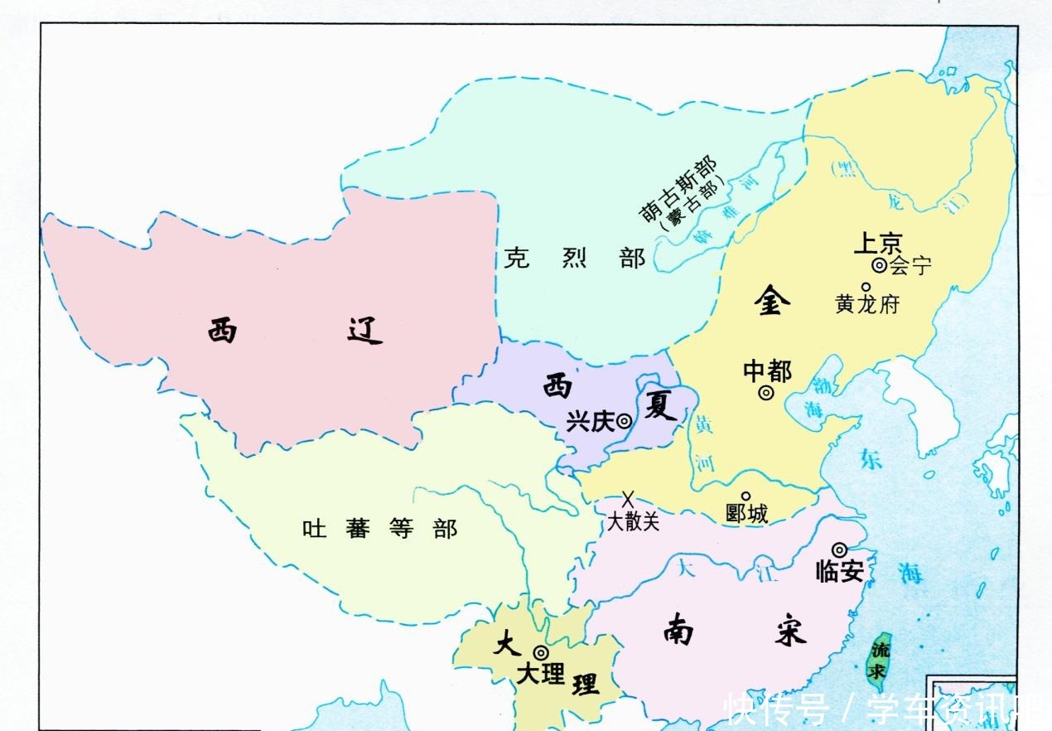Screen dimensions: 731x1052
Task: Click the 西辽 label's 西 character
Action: pyautogui.click(x=222, y=330)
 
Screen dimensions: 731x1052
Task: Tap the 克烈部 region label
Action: pyautogui.click(x=574, y=258)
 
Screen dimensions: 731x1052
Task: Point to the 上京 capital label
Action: pyautogui.click(x=877, y=244)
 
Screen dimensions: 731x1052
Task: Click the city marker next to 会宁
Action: pyautogui.click(x=878, y=266)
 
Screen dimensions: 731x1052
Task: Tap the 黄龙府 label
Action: pyautogui.click(x=867, y=304)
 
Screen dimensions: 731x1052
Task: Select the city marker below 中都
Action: pyautogui.click(x=766, y=393)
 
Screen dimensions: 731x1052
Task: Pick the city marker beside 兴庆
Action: pyautogui.click(x=624, y=421)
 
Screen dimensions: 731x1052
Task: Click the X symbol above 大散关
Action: pyautogui.click(x=629, y=499)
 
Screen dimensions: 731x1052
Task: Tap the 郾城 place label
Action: pyautogui.click(x=746, y=514)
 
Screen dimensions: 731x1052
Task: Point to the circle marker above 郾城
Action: pyautogui.click(x=746, y=496)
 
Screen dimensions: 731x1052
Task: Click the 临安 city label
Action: pyautogui.click(x=840, y=571)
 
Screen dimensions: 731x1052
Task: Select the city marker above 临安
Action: pyautogui.click(x=839, y=549)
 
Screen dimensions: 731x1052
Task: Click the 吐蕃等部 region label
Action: pyautogui.click(x=380, y=529)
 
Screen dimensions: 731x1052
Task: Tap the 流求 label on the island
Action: pyautogui.click(x=881, y=660)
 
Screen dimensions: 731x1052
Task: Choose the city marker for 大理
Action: pyautogui.click(x=540, y=652)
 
